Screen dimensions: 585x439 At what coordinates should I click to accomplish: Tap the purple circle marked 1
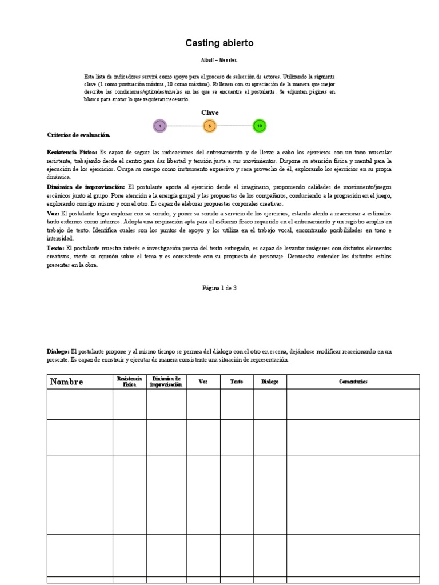coord(160,126)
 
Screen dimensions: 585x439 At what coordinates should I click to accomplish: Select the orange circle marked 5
coord(210,126)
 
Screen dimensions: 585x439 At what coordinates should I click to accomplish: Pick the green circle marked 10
coord(260,126)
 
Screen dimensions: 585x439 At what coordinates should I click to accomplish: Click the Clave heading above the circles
coord(210,113)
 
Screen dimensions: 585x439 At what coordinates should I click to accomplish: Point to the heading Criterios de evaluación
coord(78,134)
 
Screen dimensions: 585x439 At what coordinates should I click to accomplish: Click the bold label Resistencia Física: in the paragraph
coord(73,153)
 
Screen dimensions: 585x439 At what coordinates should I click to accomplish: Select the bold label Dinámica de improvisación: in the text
coord(86,187)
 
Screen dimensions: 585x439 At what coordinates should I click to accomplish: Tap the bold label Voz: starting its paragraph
coord(53,213)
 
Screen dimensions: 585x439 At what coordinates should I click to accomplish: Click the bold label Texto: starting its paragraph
coord(55,247)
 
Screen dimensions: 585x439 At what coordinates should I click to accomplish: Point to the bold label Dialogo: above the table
coord(58,351)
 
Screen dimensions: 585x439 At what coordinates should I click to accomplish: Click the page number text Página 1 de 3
coord(219,288)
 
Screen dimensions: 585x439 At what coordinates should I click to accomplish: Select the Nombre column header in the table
coord(67,382)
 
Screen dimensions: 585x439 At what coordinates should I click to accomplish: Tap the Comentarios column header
coord(353,382)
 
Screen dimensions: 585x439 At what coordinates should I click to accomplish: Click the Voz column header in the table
coord(203,382)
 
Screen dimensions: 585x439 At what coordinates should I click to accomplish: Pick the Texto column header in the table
coord(236,382)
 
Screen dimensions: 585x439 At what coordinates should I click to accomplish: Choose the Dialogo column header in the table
coord(269,382)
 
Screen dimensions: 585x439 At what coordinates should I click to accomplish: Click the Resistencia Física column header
coord(129,382)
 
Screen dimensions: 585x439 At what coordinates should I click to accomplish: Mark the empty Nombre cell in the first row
coord(79,404)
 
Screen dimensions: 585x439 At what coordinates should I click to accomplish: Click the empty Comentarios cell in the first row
coord(353,404)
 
